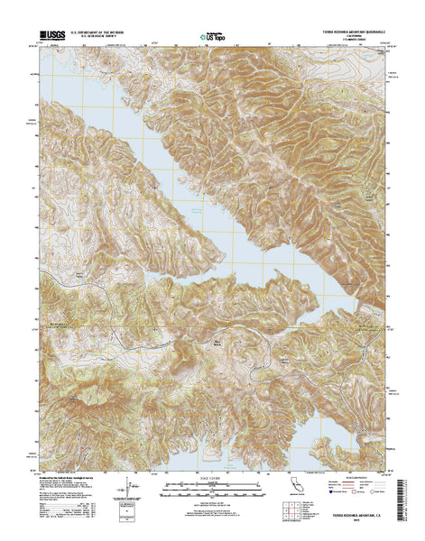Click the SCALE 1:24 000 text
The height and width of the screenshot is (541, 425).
(213, 478)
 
